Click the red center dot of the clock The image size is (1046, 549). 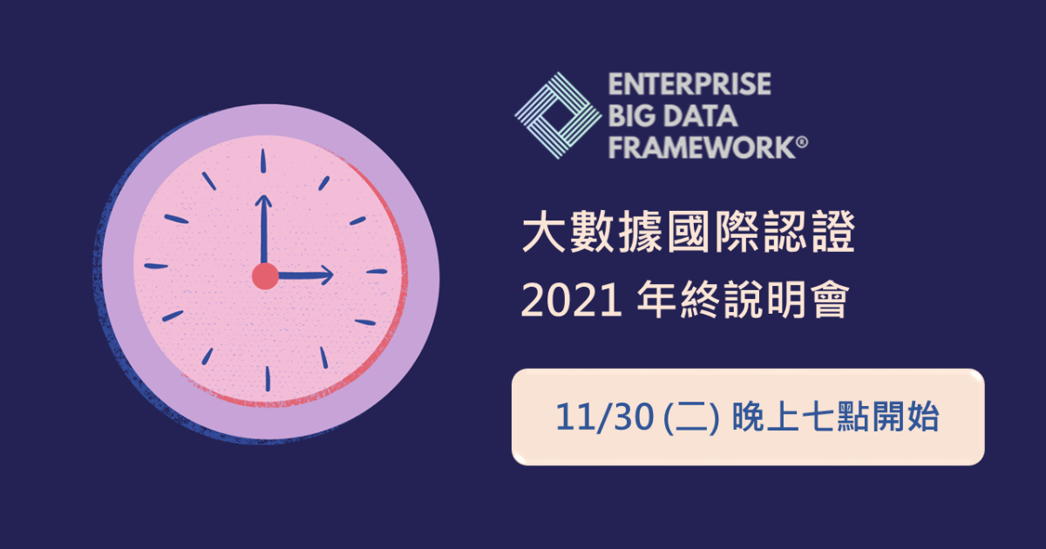265,276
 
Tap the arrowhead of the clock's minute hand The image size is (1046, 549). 263,201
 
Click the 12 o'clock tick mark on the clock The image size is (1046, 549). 263,161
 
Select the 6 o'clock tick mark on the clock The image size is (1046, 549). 268,378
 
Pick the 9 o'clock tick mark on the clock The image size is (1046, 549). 156,266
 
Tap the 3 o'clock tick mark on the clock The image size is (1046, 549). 377,271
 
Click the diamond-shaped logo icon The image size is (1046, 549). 558,115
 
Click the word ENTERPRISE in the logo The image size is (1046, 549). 689,85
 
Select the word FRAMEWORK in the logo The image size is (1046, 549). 702,147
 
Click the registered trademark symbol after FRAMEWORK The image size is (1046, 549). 802,142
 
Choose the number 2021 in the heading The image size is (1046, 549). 572,300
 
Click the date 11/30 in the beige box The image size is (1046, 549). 604,417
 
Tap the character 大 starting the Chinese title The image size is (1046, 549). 544,232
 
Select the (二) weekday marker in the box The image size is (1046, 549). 691,417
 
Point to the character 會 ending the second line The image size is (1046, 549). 830,300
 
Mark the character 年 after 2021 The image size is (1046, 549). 656,300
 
